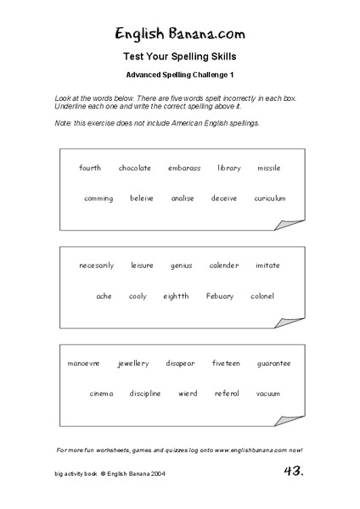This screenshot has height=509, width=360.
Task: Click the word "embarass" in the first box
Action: click(x=184, y=168)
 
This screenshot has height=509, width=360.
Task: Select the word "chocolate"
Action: click(x=135, y=168)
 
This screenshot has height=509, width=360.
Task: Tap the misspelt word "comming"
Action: click(x=98, y=199)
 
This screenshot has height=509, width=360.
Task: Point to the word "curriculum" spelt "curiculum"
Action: click(x=269, y=199)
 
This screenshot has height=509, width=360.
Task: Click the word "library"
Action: click(x=229, y=168)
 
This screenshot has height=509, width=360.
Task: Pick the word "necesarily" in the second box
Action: click(x=97, y=266)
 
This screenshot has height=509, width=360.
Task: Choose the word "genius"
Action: click(x=182, y=266)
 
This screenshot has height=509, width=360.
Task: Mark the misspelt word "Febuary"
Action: click(x=220, y=296)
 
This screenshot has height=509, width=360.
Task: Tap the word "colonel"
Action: click(x=262, y=296)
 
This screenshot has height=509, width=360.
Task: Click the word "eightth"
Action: click(x=177, y=296)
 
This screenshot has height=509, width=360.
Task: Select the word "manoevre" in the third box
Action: click(x=83, y=363)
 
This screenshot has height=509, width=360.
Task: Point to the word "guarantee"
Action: click(x=273, y=363)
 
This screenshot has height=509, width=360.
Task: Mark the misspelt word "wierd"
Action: click(x=188, y=394)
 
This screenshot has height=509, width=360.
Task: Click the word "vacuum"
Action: click(x=268, y=394)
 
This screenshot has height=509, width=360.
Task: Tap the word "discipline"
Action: click(x=145, y=394)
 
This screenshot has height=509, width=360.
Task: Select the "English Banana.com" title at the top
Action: click(x=181, y=34)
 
